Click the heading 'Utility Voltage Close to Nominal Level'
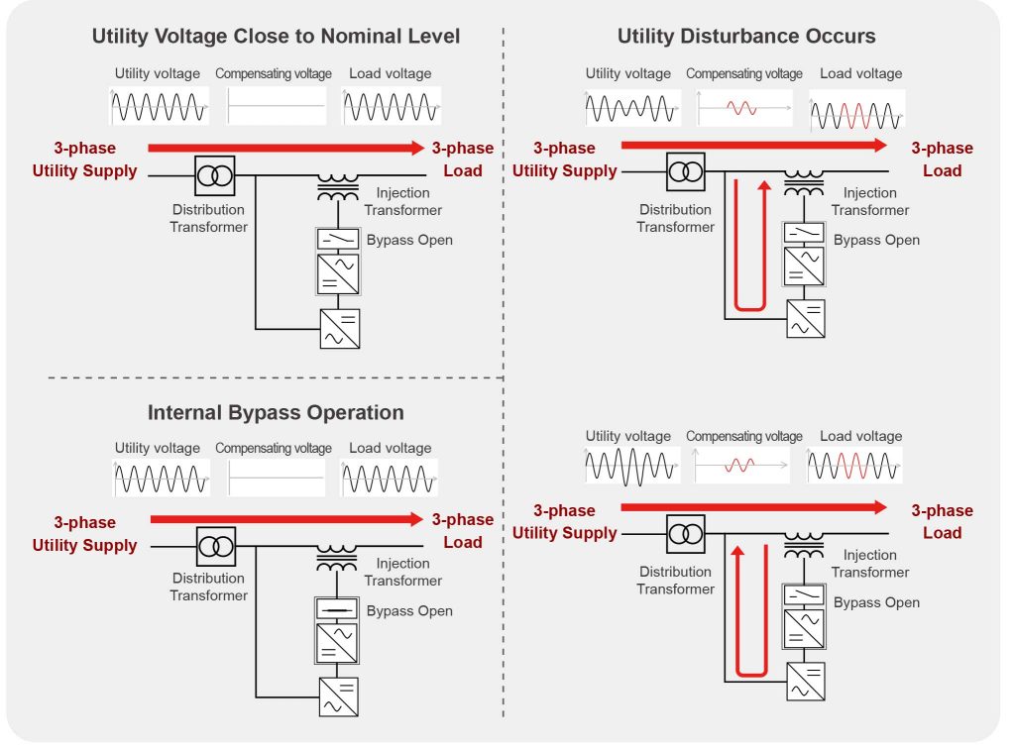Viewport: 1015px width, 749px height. tap(276, 37)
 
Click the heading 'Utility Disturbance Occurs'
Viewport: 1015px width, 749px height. tap(746, 37)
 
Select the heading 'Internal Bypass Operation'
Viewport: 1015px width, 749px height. tap(276, 412)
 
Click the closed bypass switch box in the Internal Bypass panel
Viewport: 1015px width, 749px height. tap(338, 609)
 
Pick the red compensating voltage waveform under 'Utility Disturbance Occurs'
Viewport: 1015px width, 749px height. tap(742, 107)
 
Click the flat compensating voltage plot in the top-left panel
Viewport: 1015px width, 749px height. tap(277, 106)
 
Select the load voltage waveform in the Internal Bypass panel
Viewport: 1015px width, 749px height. tap(391, 480)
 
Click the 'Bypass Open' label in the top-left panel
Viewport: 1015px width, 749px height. tap(409, 240)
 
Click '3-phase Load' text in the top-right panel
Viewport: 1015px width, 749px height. tap(942, 160)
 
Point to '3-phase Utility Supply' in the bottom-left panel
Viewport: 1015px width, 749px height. tap(84, 534)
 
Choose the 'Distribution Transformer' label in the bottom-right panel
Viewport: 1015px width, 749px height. tap(675, 581)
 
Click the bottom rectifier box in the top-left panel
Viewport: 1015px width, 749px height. tap(339, 329)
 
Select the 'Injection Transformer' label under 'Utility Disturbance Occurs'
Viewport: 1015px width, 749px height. tap(869, 201)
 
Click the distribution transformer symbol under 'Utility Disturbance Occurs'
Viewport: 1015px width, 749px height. tap(685, 170)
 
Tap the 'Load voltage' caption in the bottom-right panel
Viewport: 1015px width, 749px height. tap(860, 437)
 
